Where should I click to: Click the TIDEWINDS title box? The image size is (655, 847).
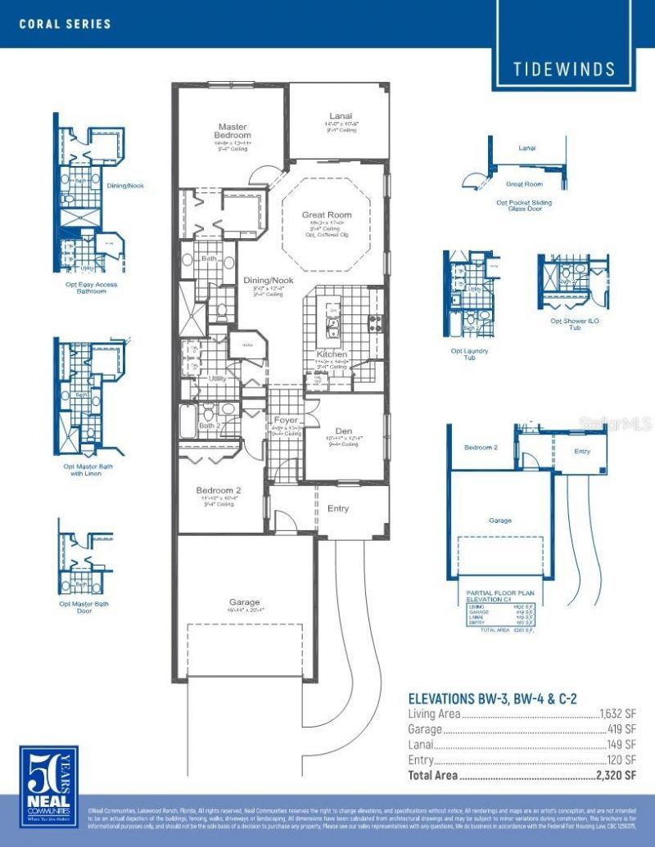[564, 69]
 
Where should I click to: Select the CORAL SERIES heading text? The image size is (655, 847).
[65, 24]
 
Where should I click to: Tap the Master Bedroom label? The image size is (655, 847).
[232, 131]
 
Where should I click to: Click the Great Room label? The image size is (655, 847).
[326, 215]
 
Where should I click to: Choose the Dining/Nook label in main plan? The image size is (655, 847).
[268, 281]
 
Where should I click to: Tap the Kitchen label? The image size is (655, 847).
[332, 354]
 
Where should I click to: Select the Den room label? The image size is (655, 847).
[344, 430]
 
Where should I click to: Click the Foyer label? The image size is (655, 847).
[286, 420]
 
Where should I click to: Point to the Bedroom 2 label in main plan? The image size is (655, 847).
[215, 490]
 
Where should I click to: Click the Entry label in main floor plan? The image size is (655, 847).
[338, 508]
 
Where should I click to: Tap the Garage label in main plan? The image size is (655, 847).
[244, 602]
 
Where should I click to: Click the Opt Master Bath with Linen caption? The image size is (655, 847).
[86, 470]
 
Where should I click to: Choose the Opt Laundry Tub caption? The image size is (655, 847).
[469, 354]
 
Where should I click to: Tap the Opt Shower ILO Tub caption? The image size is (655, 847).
[574, 324]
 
